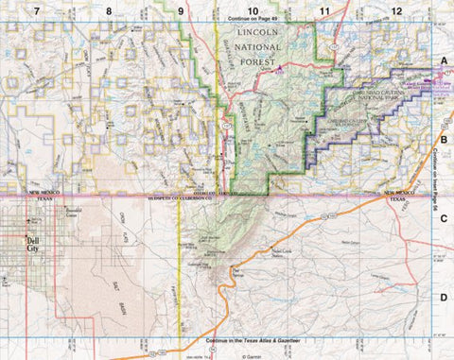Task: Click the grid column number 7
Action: pyautogui.click(x=36, y=10)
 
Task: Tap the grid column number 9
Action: pyautogui.click(x=180, y=10)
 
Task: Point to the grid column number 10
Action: pyautogui.click(x=252, y=10)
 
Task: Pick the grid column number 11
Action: pyautogui.click(x=324, y=10)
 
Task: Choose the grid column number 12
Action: pyautogui.click(x=396, y=10)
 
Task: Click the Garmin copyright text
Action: pyautogui.click(x=250, y=356)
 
